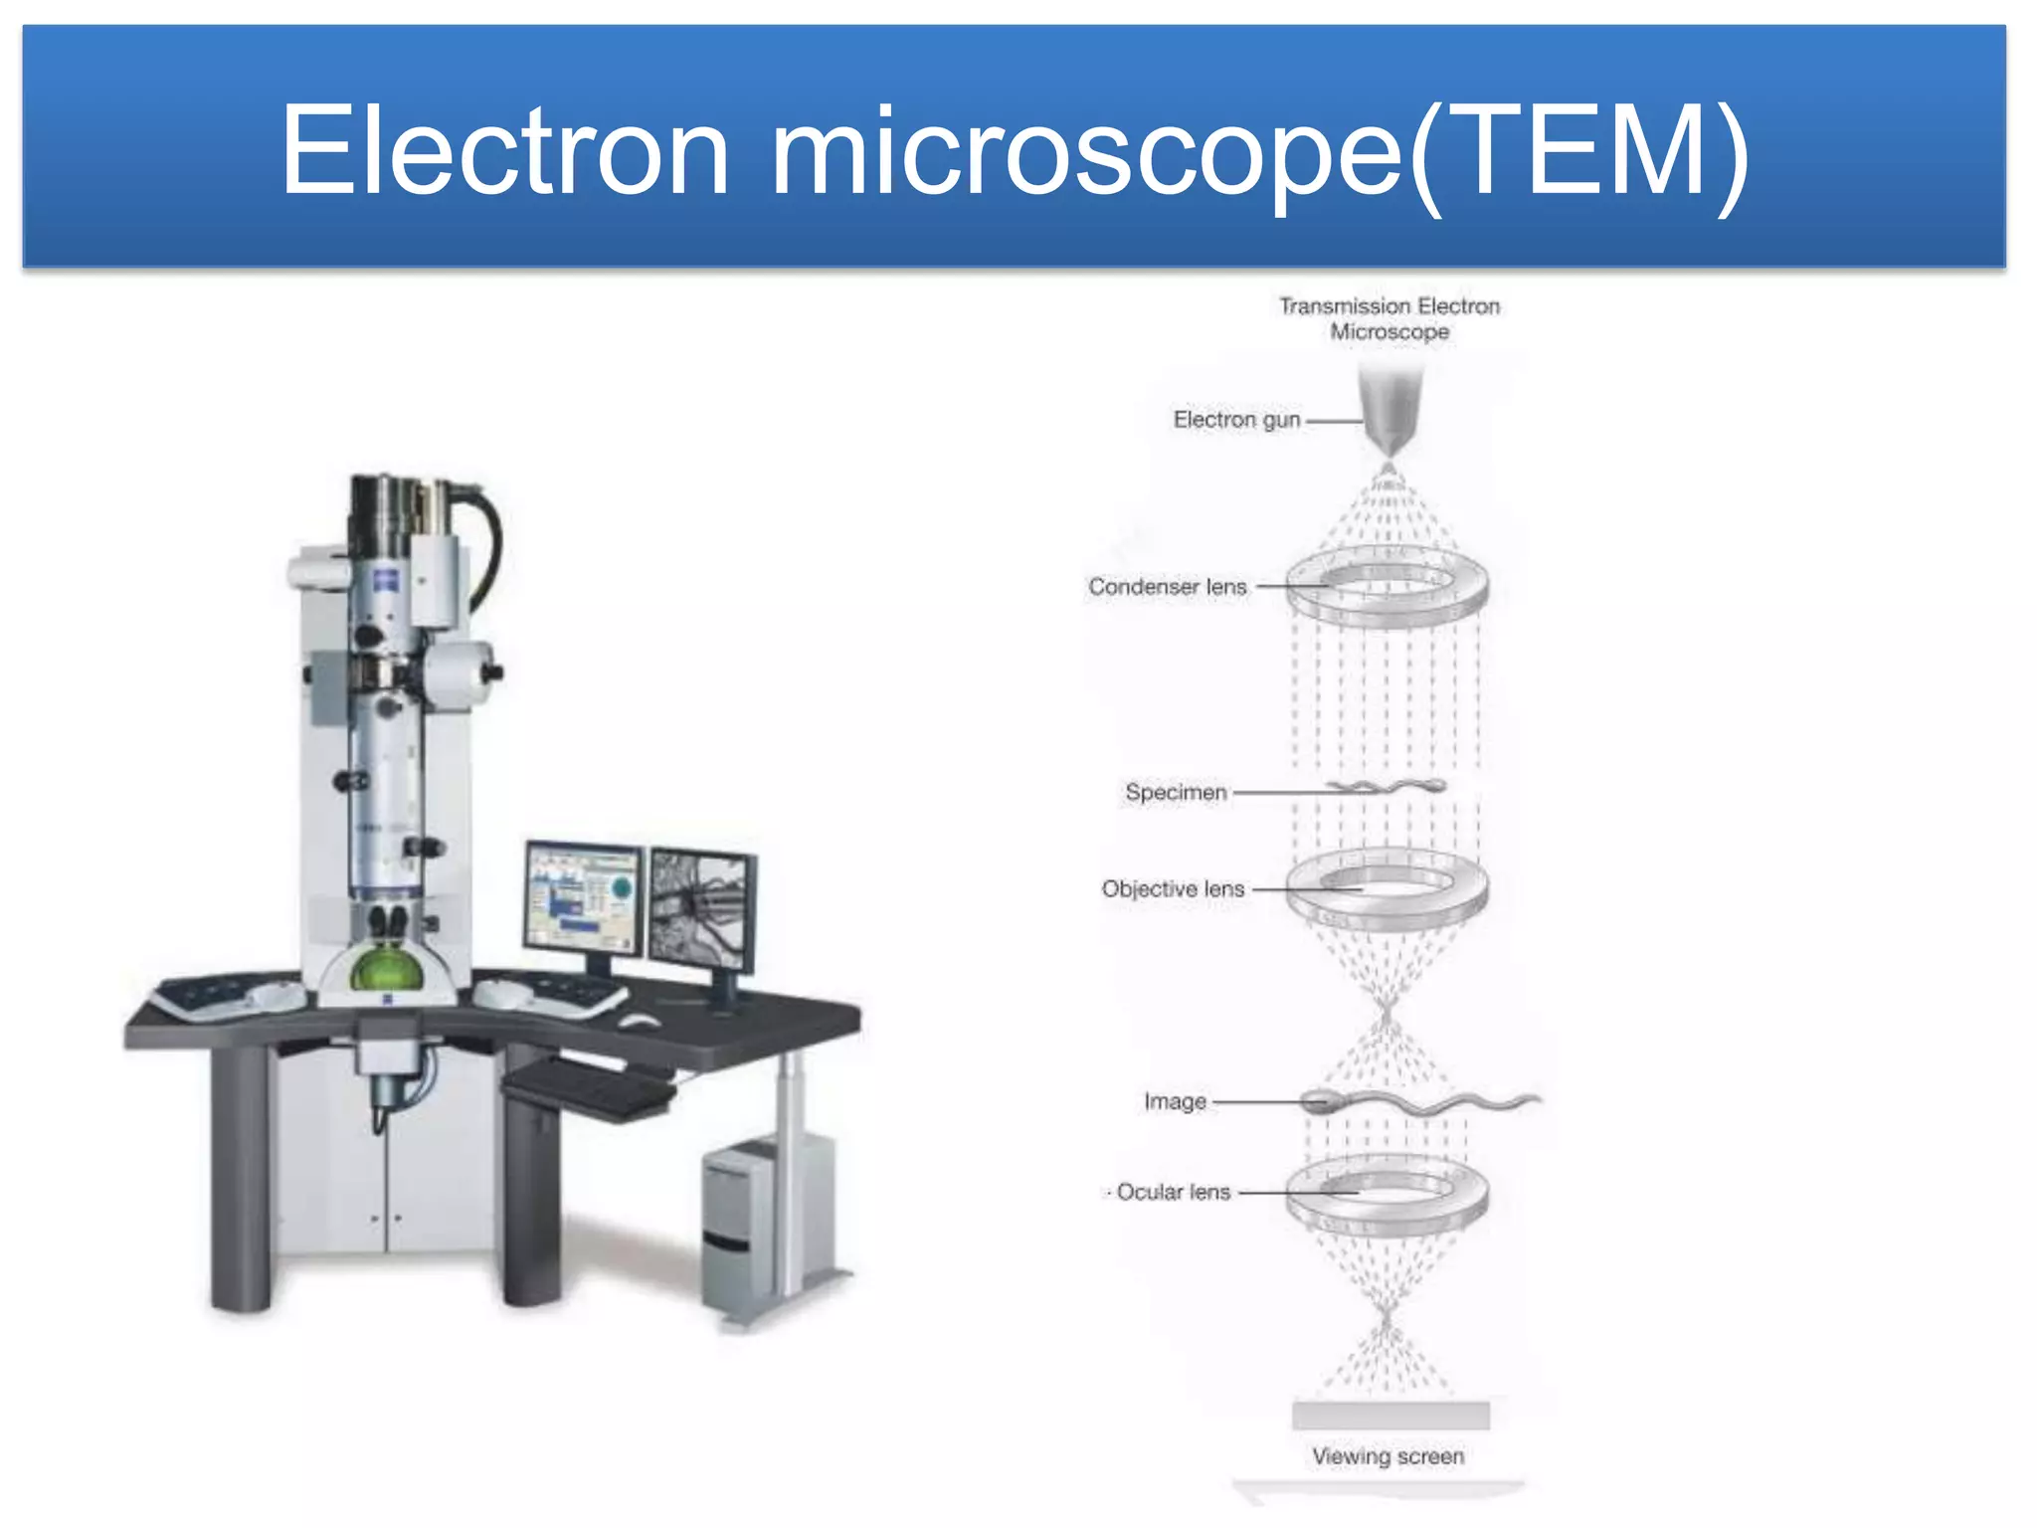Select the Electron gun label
point(1236,420)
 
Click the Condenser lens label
point(1167,587)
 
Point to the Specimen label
point(1176,793)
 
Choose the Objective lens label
point(1173,889)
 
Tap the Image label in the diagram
point(1175,1102)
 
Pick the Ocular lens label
point(1173,1192)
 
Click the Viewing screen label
point(1388,1456)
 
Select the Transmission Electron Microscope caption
point(1389,319)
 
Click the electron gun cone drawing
point(1390,408)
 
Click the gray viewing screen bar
point(1390,1416)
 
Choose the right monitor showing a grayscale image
point(700,909)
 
